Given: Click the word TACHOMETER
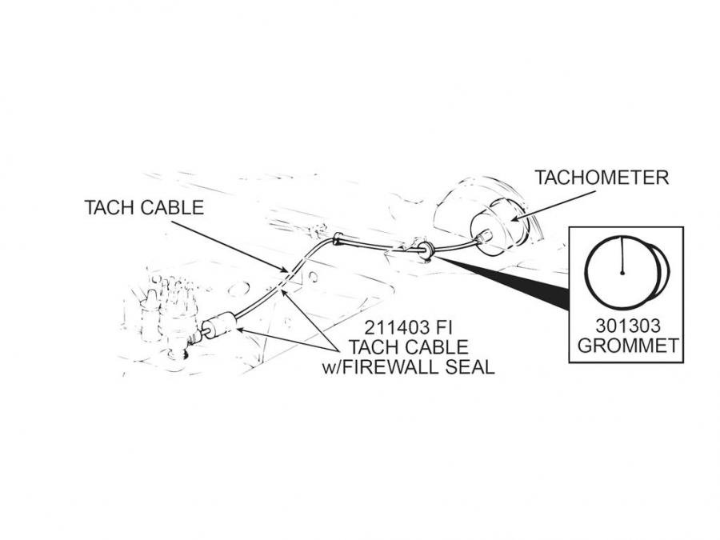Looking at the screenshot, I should point(602,177).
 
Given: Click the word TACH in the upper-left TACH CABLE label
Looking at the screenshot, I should point(110,208).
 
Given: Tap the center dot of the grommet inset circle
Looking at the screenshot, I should point(622,274).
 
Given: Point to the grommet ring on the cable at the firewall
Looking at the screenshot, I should point(429,250).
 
